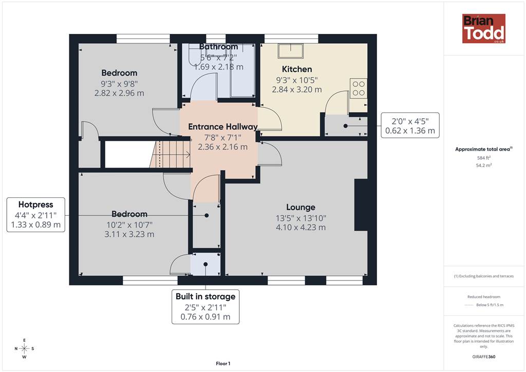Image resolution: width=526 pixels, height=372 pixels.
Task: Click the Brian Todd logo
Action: [x=483, y=28]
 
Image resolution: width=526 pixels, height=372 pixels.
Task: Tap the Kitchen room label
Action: [x=297, y=69]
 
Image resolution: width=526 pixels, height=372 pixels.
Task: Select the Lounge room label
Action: [x=300, y=207]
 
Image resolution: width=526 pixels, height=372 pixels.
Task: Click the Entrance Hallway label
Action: [x=223, y=127]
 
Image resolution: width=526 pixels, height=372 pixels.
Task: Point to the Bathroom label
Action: [x=218, y=47]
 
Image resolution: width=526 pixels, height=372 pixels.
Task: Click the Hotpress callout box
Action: [x=36, y=215]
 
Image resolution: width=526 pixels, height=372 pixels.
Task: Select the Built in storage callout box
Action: [x=205, y=307]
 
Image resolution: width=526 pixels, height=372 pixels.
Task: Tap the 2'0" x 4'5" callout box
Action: [x=410, y=125]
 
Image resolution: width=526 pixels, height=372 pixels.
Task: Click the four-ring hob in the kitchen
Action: [x=359, y=88]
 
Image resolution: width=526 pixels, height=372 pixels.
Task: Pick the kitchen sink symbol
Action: [x=291, y=51]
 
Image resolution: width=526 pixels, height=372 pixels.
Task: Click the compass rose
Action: [x=24, y=349]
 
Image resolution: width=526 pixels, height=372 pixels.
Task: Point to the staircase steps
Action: [x=170, y=155]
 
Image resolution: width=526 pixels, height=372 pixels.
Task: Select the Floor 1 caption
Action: [x=223, y=364]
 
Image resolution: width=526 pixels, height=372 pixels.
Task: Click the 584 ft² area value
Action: [x=484, y=158]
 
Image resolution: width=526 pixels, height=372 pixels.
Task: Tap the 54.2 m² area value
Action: [x=484, y=165]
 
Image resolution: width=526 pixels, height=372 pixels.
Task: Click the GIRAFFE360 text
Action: [x=484, y=357]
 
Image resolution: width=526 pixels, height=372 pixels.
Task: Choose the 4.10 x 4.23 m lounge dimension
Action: [x=300, y=228]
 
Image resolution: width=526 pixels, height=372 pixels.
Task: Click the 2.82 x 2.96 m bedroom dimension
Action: [x=119, y=93]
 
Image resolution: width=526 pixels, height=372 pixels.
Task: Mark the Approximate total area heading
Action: [x=483, y=150]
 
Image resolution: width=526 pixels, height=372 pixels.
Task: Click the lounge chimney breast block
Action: [x=361, y=205]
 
